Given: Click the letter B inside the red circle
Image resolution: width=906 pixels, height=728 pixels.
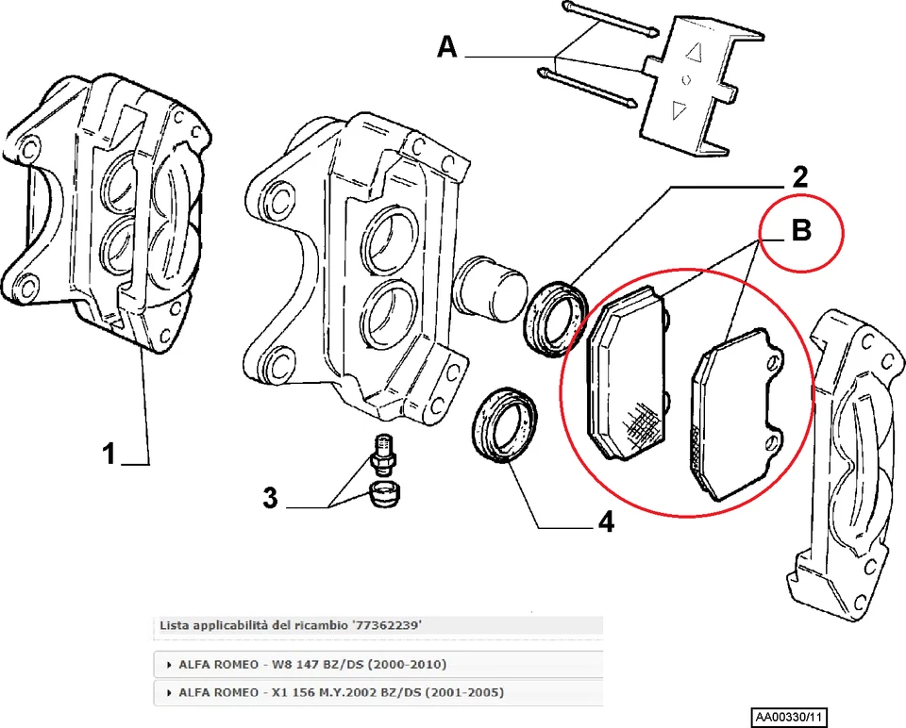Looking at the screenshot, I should point(800,231).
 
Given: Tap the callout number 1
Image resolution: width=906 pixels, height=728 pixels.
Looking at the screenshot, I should point(109,455).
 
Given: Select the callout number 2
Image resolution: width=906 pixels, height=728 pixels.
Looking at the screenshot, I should point(798,175).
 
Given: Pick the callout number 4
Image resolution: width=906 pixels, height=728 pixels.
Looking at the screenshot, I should point(604,521).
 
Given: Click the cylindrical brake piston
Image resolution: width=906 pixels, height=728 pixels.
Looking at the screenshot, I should point(491,284).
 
